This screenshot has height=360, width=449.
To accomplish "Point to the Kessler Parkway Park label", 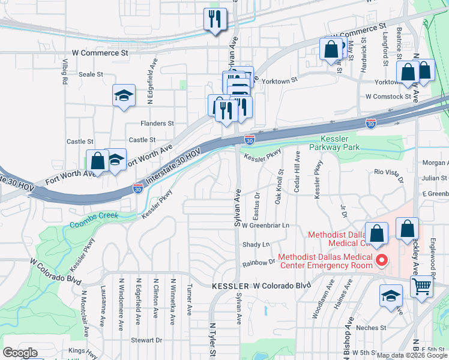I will pos(334,142).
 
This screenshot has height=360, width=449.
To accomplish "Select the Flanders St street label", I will pos(157,124).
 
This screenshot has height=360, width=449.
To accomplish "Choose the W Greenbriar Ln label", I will pos(266,226).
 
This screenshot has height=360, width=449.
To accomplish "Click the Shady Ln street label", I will pos(256,245).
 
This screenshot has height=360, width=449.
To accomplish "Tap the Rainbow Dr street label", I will pos(258,263).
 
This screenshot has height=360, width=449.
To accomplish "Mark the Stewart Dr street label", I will pos(146,340).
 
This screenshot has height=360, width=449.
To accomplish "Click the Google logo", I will pos(20,353).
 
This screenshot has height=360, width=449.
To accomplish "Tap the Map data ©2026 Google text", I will pos(412,355).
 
